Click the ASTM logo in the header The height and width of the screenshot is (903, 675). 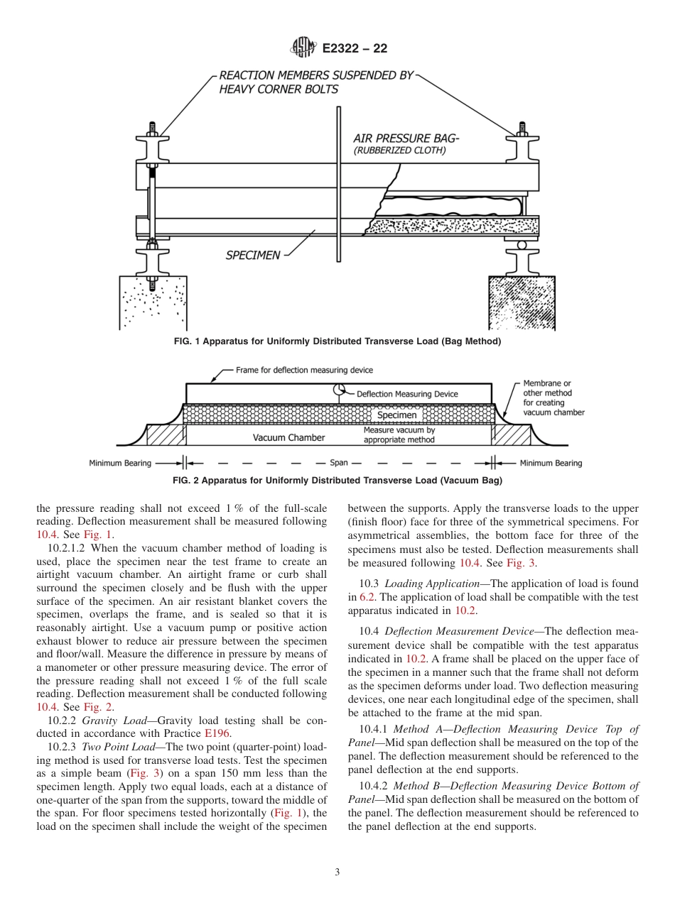303,48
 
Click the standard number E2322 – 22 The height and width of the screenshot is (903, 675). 355,49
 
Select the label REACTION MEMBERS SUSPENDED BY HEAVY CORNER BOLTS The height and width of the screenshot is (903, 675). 315,82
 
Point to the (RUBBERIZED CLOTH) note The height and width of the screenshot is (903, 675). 399,150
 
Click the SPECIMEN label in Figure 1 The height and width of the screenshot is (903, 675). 253,255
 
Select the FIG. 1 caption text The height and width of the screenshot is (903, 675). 337,341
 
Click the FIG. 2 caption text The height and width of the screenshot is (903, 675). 337,481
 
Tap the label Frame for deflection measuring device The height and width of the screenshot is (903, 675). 304,370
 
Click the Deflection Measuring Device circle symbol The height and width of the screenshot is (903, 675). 340,390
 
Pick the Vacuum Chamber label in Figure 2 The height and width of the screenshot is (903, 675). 288,437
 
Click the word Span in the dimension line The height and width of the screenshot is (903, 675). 339,463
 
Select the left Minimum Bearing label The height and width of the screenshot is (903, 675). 120,464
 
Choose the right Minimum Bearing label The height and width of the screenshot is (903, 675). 551,463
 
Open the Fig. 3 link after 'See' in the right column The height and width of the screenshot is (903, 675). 521,563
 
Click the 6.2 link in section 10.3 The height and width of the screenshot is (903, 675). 367,597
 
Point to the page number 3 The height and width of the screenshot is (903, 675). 337,872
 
